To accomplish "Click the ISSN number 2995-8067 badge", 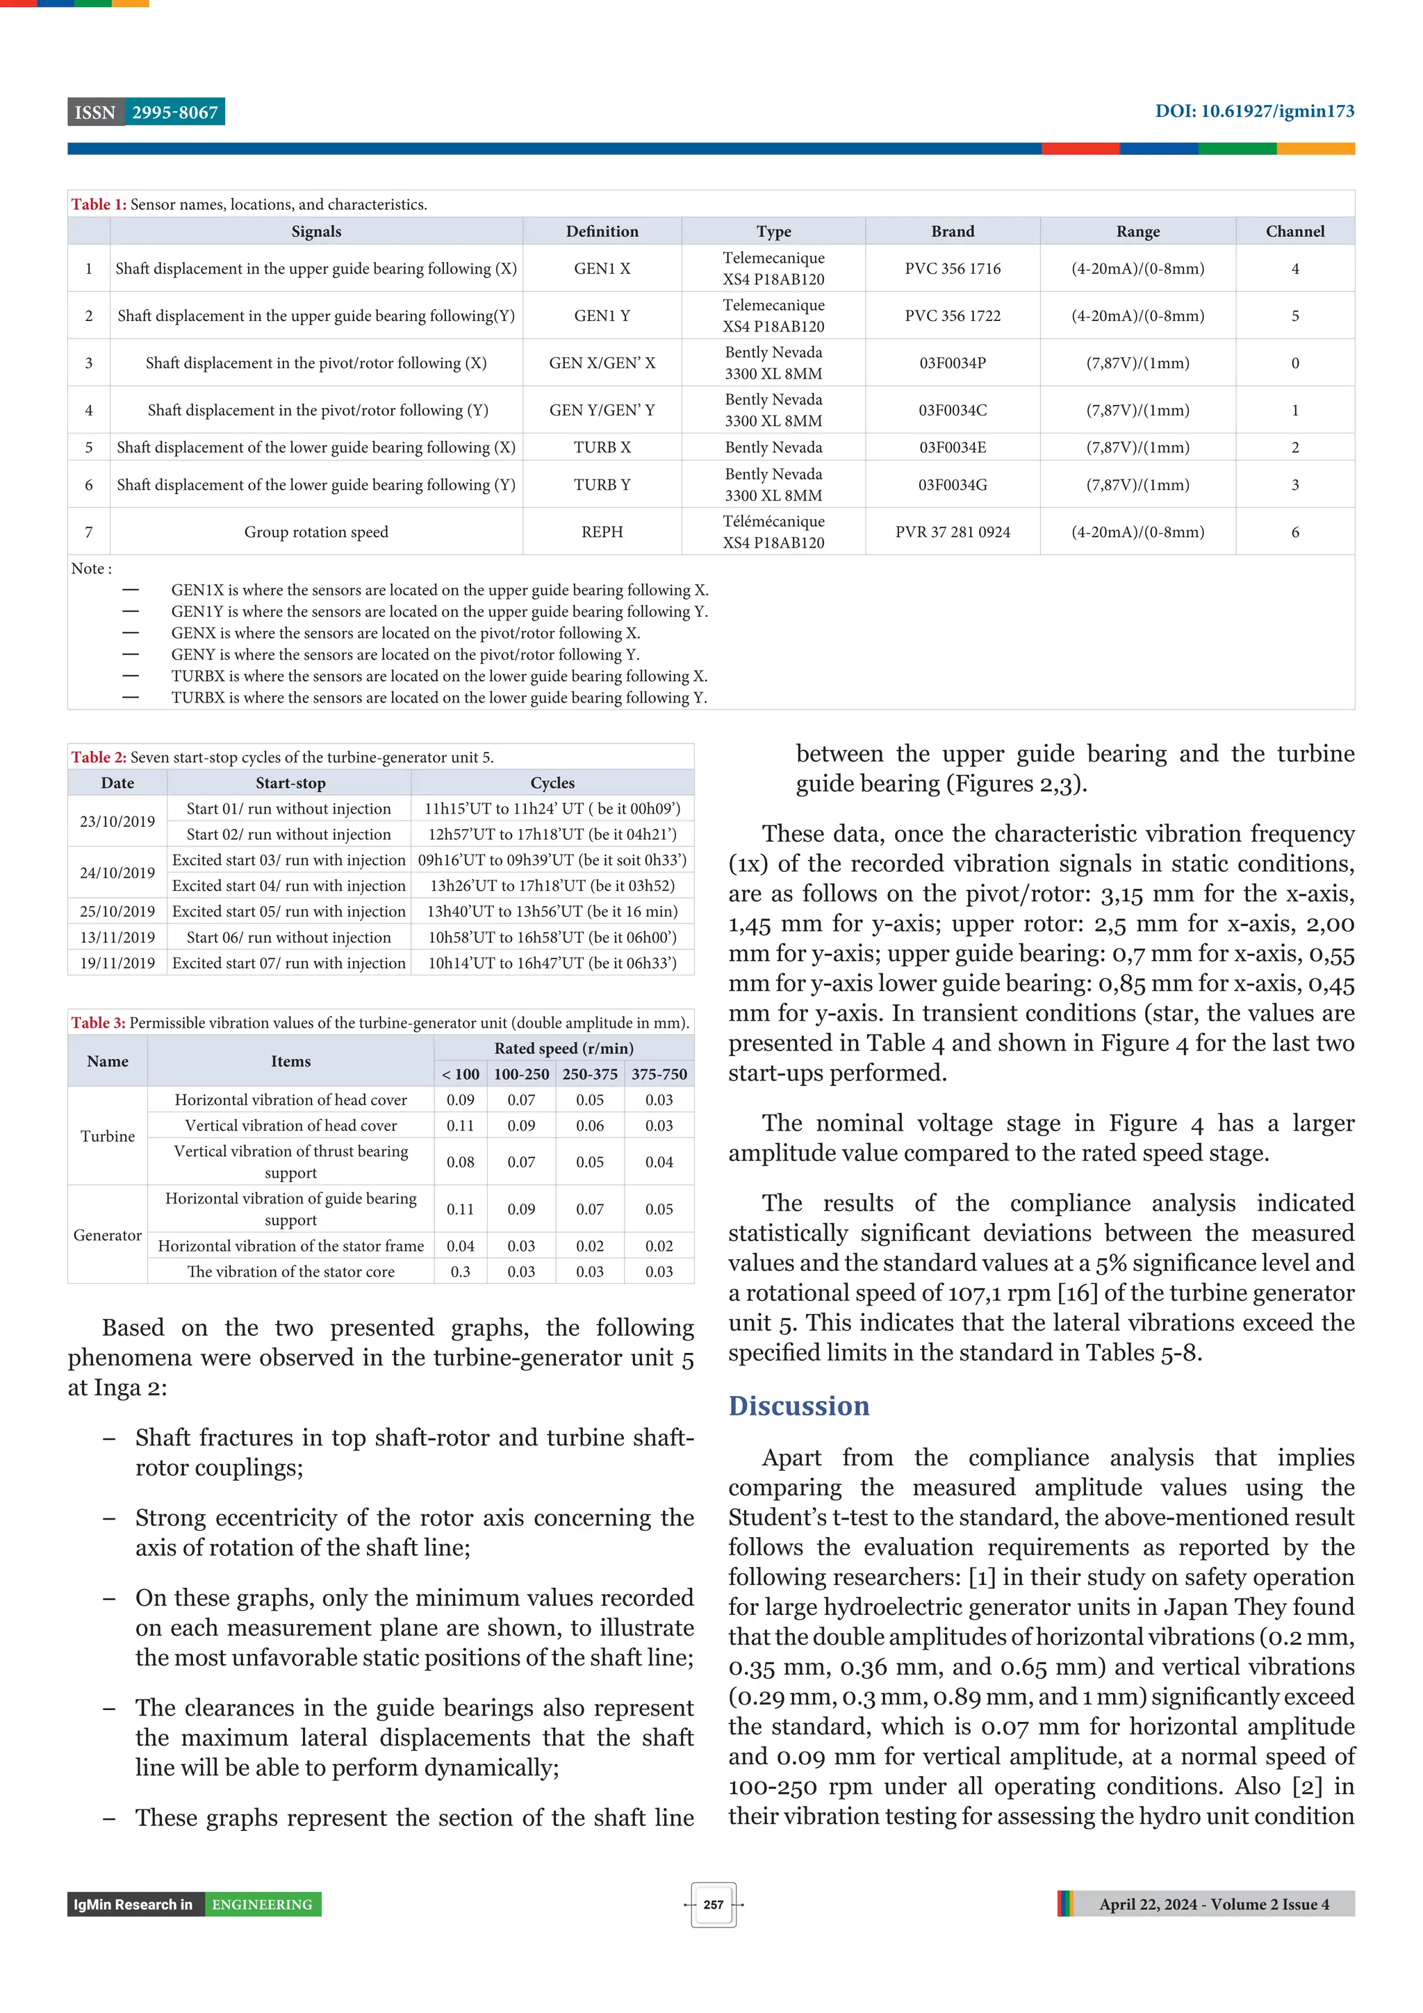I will tap(174, 113).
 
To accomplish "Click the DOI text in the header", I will tap(1253, 111).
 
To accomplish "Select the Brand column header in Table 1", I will tap(952, 231).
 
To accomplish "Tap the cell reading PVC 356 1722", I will tap(952, 315).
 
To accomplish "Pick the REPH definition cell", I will tap(602, 532).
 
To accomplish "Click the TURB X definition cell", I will tap(602, 447).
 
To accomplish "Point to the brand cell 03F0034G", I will tap(952, 485).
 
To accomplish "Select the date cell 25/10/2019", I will tap(117, 912).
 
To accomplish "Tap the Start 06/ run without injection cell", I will tap(288, 937).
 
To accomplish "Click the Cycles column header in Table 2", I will tap(552, 783).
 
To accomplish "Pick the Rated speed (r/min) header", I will tap(564, 1049).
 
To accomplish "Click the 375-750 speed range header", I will tap(659, 1074).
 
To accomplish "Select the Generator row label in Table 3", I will tap(107, 1235).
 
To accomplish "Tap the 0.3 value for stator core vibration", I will tap(460, 1272).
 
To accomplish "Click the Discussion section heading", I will tap(799, 1406).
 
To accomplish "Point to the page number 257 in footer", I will tap(713, 1905).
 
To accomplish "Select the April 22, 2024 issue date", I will tap(1213, 1905).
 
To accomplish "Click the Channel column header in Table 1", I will tap(1294, 231).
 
